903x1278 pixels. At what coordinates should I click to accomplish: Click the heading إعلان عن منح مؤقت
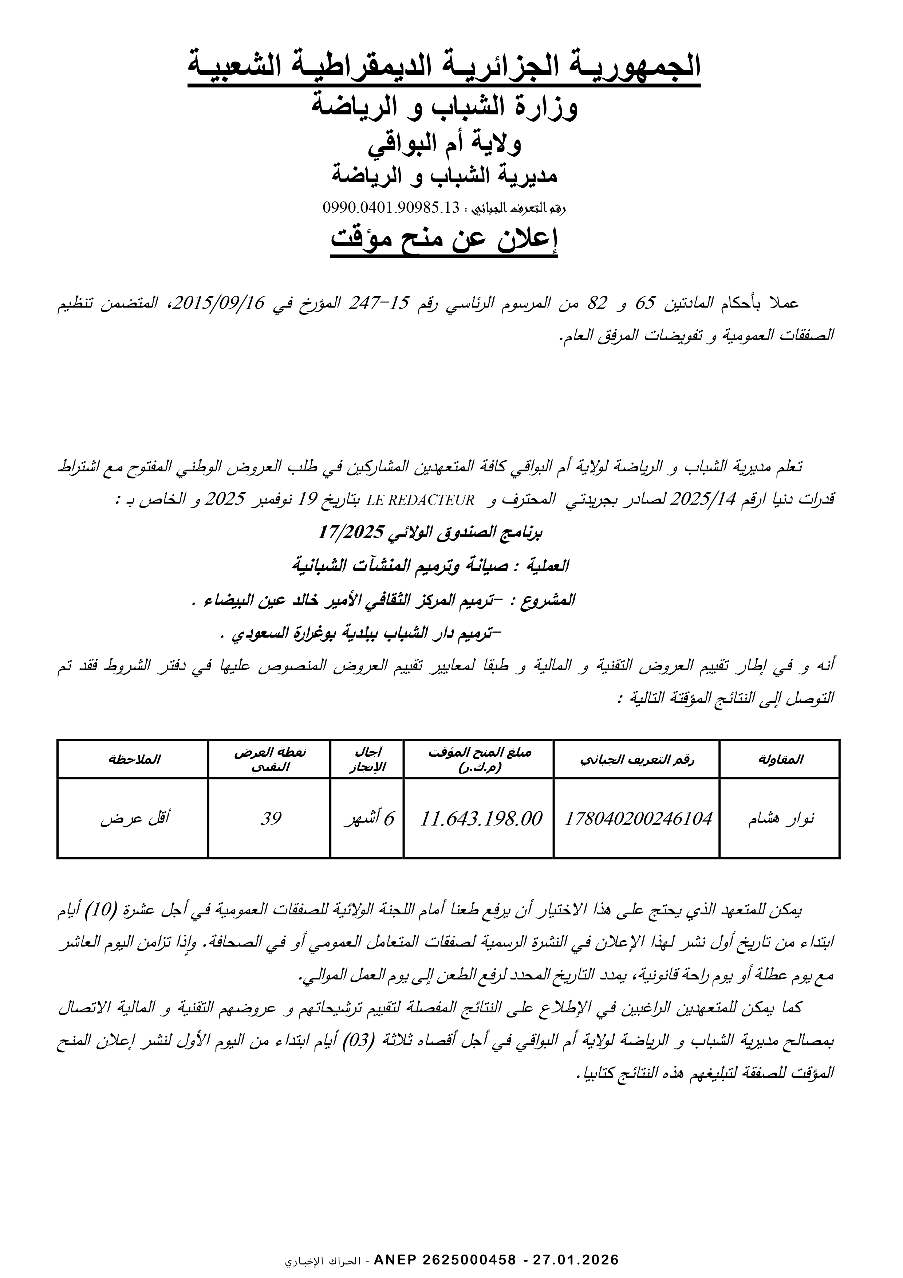coord(444,239)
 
